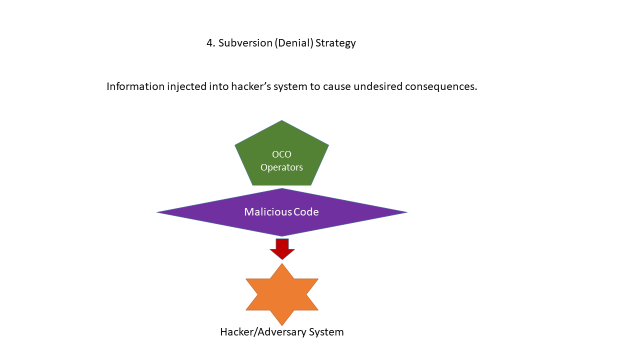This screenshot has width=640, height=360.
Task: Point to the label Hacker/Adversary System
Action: click(x=282, y=332)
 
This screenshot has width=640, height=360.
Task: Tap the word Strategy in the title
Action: click(x=336, y=44)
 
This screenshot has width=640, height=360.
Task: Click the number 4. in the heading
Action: click(x=210, y=44)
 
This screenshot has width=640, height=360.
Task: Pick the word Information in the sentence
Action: click(x=136, y=87)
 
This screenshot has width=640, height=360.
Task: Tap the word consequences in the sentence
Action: click(x=443, y=87)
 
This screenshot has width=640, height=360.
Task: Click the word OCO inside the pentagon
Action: click(x=282, y=153)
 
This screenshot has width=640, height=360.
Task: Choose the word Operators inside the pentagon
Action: click(x=282, y=167)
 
